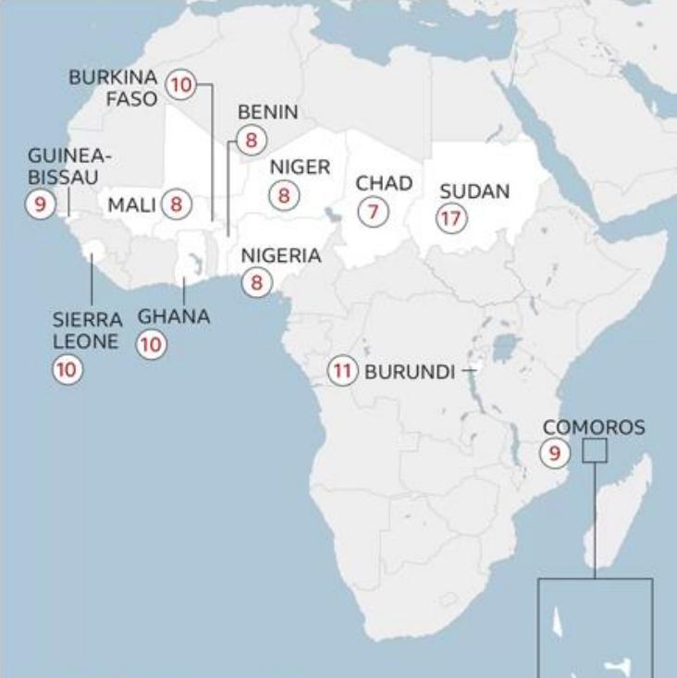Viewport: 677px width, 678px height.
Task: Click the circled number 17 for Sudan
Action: tap(451, 218)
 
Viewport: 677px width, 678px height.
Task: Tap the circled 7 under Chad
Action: tap(373, 212)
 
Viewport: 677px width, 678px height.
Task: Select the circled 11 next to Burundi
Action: tap(342, 372)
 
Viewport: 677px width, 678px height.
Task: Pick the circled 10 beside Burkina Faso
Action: tap(180, 86)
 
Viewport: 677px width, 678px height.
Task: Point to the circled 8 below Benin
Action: tap(251, 141)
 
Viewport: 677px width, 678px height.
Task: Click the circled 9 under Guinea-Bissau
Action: tap(41, 203)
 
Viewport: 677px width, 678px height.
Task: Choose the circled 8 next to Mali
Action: tap(176, 204)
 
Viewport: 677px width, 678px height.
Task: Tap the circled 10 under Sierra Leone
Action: tap(67, 370)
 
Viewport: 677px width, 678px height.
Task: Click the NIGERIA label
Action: tap(281, 256)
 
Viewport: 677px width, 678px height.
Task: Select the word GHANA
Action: tap(174, 316)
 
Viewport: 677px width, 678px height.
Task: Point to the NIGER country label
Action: tap(300, 167)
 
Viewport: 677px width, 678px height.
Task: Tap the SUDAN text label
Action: tap(474, 191)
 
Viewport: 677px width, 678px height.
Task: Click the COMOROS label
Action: tap(594, 427)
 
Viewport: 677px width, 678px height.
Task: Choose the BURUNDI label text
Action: tap(410, 372)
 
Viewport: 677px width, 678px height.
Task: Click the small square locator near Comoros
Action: tap(595, 451)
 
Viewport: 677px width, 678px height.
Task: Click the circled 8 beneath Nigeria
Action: tap(257, 283)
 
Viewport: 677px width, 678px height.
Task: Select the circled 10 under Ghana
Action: tap(151, 345)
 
